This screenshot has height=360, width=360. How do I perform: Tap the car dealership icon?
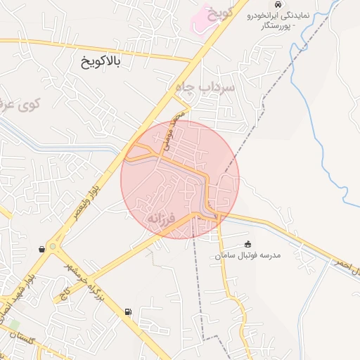click(x=280, y=5)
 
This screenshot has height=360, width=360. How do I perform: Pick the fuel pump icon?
click(x=128, y=311)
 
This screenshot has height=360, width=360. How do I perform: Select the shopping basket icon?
click(x=43, y=249)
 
